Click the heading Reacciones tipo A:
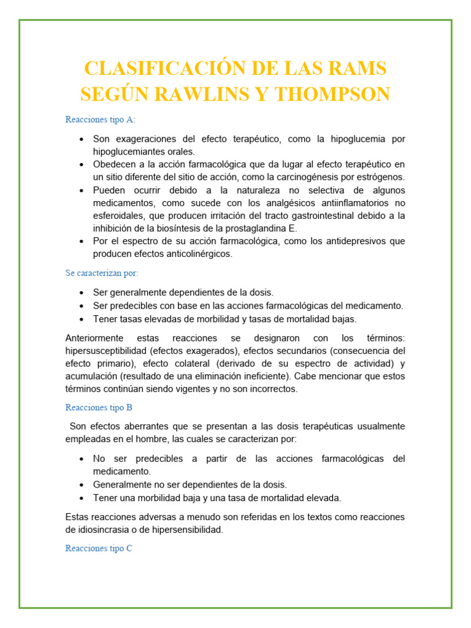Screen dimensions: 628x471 101,120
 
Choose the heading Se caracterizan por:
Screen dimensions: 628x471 102,273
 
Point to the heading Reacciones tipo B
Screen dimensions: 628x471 99,407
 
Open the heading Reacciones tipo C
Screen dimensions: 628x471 99,548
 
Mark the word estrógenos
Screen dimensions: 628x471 376,177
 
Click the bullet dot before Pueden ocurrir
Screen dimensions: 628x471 82,191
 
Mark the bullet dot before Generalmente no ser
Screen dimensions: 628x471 82,484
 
